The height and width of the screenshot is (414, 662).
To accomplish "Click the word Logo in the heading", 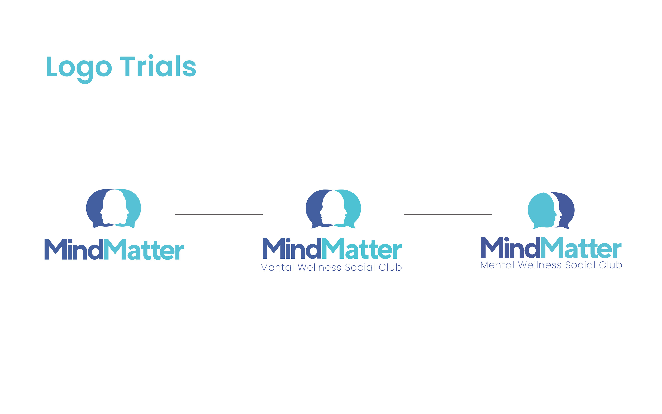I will [79, 67].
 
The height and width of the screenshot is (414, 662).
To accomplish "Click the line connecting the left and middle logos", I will [219, 215].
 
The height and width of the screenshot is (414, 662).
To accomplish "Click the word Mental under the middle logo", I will [277, 267].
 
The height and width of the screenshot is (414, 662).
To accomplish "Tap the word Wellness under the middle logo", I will [319, 267].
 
